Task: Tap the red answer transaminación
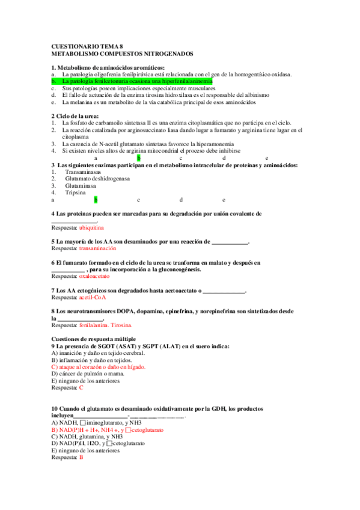click(x=97, y=248)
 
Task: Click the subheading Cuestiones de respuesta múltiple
click(x=94, y=339)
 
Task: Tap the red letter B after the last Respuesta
click(x=81, y=458)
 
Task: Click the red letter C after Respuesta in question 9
click(x=81, y=388)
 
